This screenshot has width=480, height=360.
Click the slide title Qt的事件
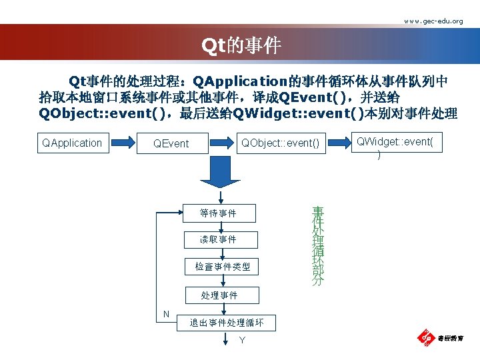tap(242, 45)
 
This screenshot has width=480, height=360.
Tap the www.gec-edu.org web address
tap(433, 21)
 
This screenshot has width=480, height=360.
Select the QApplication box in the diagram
tap(72, 142)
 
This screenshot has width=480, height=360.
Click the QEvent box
tap(171, 143)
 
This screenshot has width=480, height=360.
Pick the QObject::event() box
tap(280, 142)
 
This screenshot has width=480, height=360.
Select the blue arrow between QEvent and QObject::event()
tap(222, 142)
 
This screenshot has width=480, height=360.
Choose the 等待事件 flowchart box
tap(218, 213)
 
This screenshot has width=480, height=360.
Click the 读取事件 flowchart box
tap(218, 239)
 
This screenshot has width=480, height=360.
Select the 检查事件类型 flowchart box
tap(222, 267)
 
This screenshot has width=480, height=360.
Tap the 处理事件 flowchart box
tap(219, 295)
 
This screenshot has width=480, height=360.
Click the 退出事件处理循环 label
tap(227, 323)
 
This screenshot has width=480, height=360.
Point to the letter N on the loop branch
tap(165, 314)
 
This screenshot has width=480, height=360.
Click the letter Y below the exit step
tap(242, 341)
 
